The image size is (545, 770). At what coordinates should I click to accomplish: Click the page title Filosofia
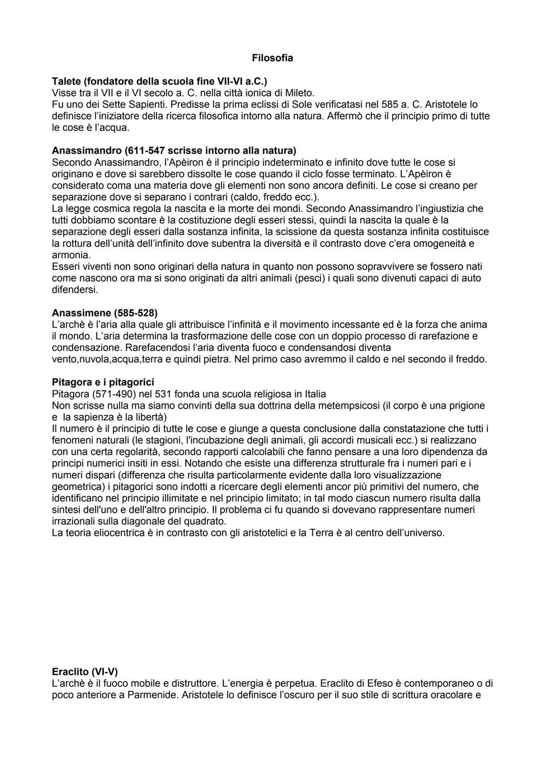272,58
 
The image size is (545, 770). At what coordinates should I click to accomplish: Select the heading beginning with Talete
159,81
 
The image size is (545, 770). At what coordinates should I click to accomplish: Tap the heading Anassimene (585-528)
104,313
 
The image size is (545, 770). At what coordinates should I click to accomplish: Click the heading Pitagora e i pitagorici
103,382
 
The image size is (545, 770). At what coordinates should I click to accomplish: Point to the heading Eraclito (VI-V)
85,672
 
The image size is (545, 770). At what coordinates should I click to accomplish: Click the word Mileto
297,93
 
